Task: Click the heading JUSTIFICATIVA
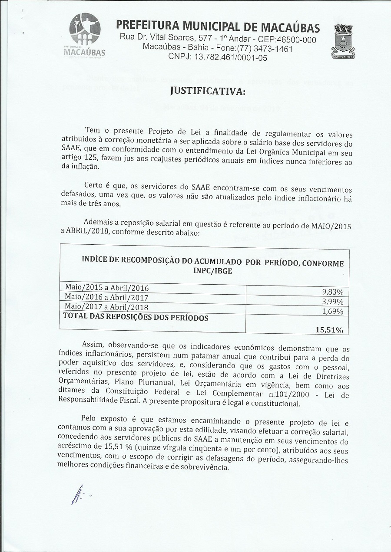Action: [207, 92]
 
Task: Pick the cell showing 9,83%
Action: [332, 292]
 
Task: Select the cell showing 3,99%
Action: [332, 302]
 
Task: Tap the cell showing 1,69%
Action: [332, 312]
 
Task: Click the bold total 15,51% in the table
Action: [329, 330]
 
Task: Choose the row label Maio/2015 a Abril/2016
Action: [107, 288]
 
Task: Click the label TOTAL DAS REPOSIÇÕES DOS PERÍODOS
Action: [136, 318]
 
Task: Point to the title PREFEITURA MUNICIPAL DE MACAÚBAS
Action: [218, 27]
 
